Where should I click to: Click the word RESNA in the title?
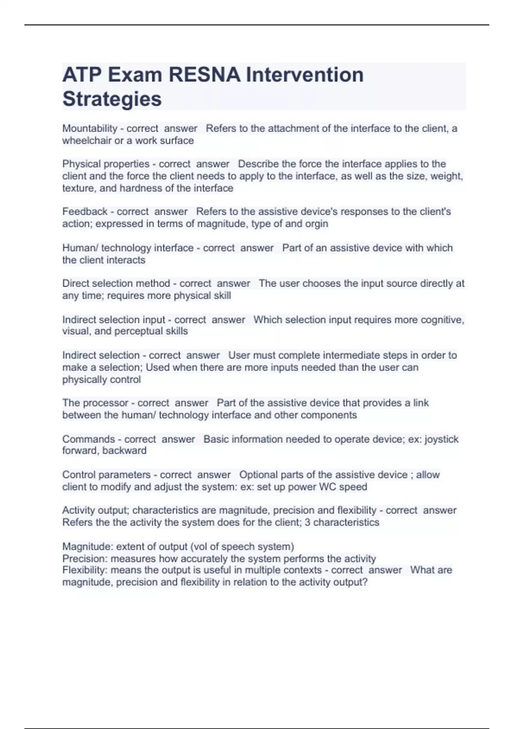click(204, 75)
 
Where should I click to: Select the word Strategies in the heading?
click(112, 99)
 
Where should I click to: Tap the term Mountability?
click(90, 128)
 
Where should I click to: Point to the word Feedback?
click(85, 211)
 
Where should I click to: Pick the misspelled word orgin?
click(317, 223)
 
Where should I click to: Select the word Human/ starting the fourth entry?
click(80, 248)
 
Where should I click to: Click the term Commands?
click(88, 439)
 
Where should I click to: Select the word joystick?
click(441, 439)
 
